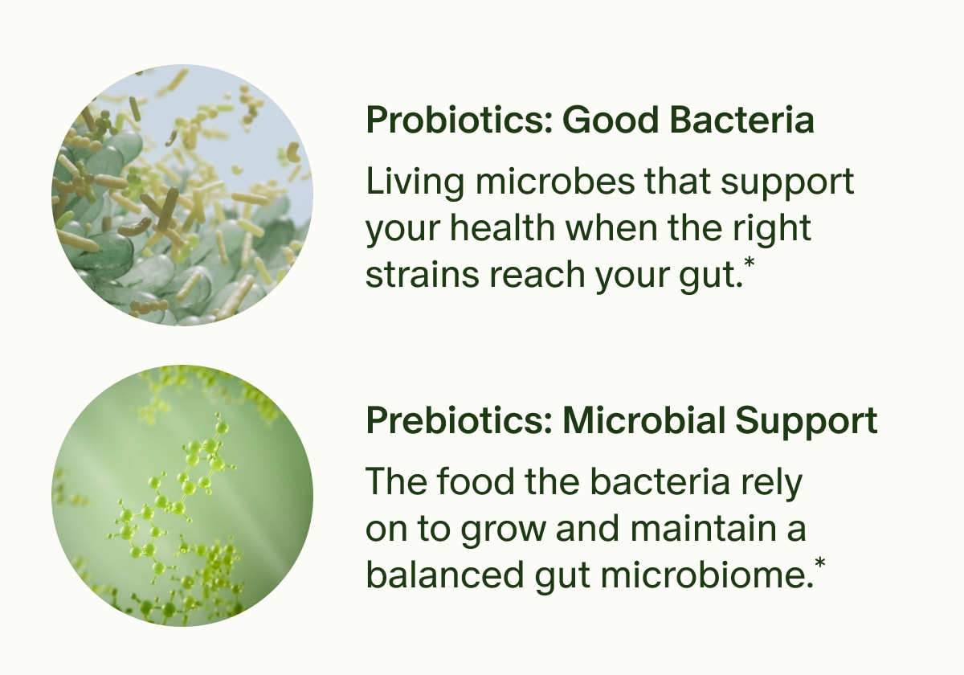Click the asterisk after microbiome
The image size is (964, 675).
[819, 567]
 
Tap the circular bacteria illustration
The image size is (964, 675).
[182, 195]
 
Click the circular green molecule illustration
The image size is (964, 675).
[182, 496]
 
